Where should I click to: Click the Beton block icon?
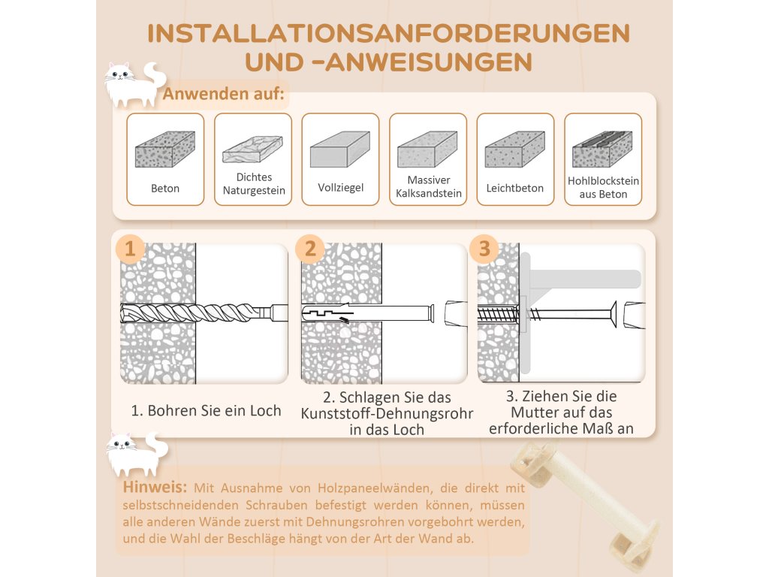click(164, 150)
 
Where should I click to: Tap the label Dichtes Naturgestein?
click(254, 183)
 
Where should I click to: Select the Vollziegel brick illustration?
click(340, 150)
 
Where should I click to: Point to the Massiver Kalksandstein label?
click(429, 186)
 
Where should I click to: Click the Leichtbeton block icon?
click(515, 150)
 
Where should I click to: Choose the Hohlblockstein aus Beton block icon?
click(602, 150)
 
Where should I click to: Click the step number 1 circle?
click(130, 249)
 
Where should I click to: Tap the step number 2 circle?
click(310, 249)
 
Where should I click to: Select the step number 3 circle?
click(484, 249)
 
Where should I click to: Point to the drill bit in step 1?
click(204, 313)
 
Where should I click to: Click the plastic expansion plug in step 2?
click(368, 314)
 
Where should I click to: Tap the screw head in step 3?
click(613, 313)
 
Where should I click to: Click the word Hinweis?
click(155, 487)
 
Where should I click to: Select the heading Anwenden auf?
click(224, 93)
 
